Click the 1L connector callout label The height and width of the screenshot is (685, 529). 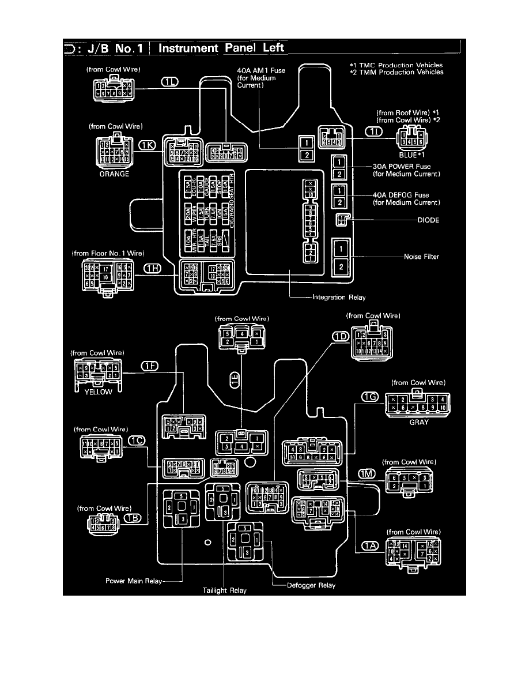171,82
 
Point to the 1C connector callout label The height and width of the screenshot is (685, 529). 137,441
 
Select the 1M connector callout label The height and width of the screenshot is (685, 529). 367,474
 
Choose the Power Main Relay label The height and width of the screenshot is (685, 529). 134,581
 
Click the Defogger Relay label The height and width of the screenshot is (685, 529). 311,585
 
